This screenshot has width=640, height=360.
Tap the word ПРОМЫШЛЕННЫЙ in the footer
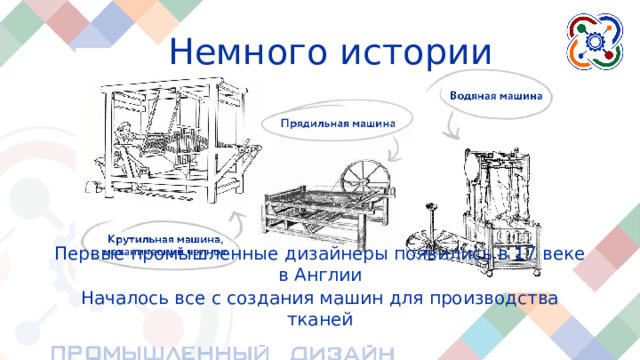coord(160,351)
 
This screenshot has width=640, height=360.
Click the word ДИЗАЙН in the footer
coord(336,351)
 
